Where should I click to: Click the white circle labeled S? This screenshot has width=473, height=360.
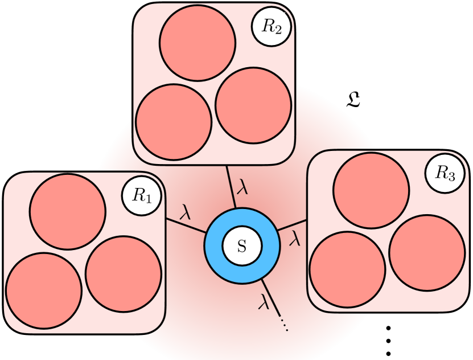tap(242, 246)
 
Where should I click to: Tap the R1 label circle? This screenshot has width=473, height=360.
tap(141, 195)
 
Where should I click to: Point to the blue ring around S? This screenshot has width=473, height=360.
tap(214, 246)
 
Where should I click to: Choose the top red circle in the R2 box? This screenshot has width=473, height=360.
tap(197, 44)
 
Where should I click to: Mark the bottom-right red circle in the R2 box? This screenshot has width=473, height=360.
tap(254, 105)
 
